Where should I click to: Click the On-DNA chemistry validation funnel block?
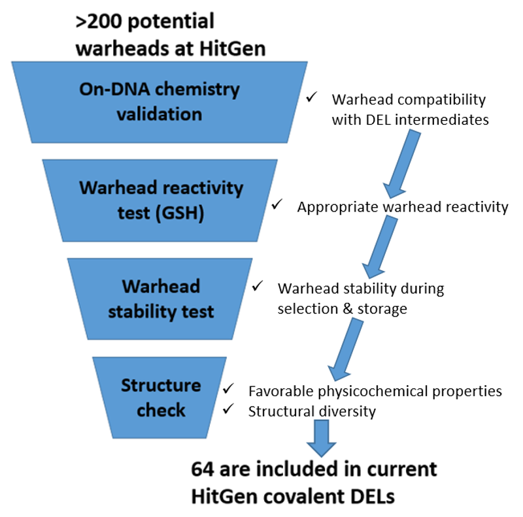click(160, 102)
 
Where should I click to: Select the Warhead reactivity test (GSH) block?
click(160, 200)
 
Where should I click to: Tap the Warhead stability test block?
click(160, 299)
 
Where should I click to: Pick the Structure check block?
click(160, 398)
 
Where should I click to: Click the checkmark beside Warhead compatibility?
click(312, 97)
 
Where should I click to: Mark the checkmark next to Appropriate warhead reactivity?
click(277, 204)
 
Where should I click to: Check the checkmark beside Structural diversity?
click(229, 409)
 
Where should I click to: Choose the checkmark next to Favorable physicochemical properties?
click(229, 390)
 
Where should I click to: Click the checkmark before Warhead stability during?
click(258, 285)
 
